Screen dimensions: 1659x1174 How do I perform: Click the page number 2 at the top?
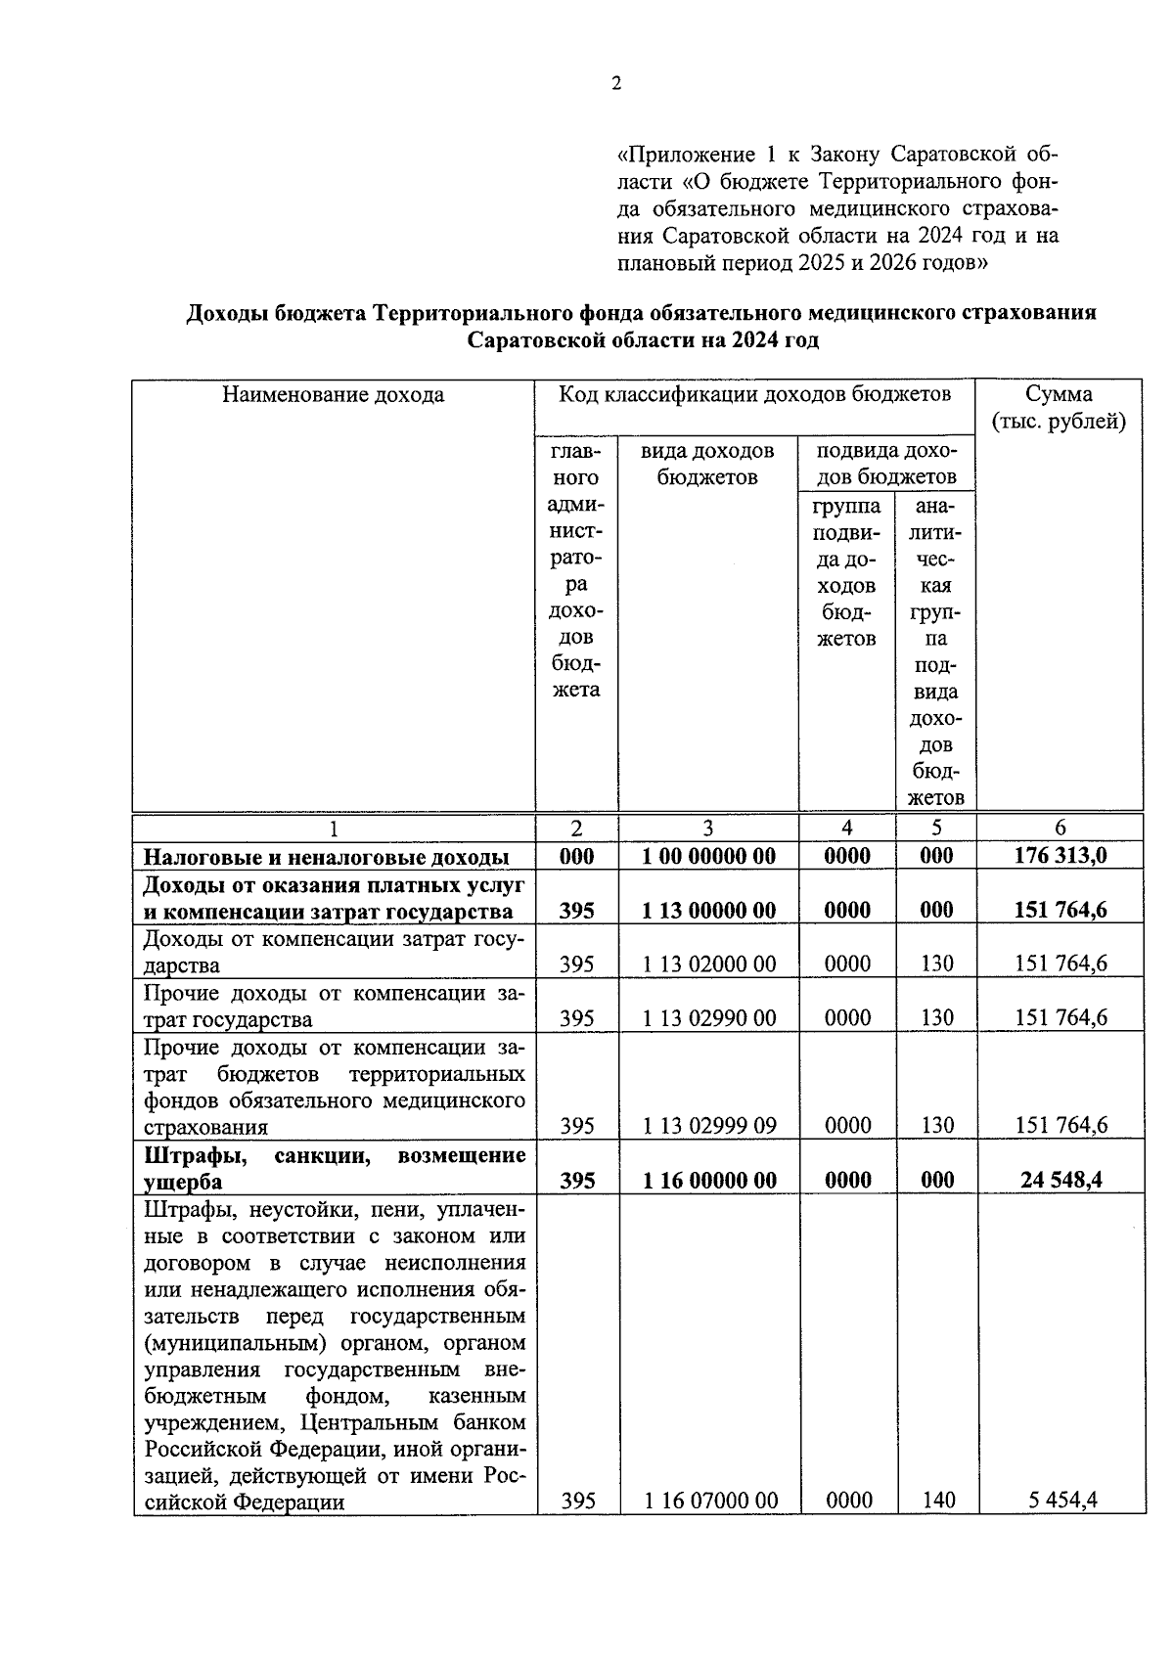(616, 84)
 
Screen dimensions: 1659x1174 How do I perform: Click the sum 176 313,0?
(1061, 856)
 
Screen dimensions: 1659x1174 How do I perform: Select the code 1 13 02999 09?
(709, 1126)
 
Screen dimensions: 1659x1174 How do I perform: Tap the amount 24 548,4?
(1061, 1180)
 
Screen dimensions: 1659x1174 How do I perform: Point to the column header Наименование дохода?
(333, 394)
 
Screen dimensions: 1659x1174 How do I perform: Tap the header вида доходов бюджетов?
(707, 464)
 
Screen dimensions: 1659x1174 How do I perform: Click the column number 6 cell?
(1061, 828)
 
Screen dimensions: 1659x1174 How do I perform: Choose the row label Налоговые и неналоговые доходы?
(327, 857)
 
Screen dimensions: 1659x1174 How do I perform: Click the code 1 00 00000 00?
(709, 856)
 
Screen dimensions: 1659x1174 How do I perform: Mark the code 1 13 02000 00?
(709, 964)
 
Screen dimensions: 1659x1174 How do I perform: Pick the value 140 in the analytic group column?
(938, 1500)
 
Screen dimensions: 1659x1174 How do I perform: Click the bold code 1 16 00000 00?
(709, 1180)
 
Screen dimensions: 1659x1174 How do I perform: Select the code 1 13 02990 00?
(709, 1018)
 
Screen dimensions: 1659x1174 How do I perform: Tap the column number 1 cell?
(333, 829)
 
